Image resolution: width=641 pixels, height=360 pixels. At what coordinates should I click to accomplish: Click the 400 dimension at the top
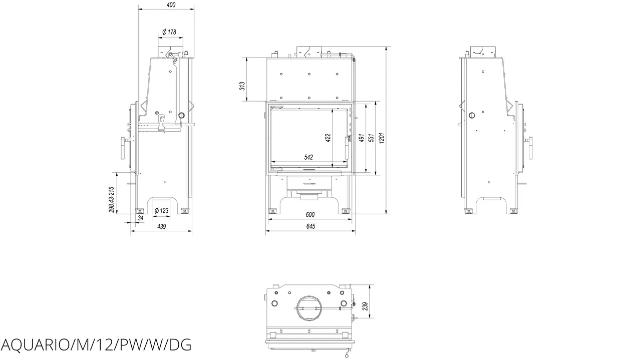(171, 5)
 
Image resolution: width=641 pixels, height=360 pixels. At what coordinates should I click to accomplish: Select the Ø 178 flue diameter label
(169, 32)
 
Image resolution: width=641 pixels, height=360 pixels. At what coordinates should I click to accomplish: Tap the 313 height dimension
(242, 86)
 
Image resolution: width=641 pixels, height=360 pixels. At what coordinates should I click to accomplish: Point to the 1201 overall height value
(382, 138)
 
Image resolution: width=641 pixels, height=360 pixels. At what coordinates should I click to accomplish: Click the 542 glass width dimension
(308, 157)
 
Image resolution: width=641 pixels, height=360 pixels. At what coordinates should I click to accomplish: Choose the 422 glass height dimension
(328, 138)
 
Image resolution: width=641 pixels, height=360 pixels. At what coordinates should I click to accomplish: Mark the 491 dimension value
(361, 138)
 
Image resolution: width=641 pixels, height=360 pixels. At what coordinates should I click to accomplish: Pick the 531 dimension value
(371, 138)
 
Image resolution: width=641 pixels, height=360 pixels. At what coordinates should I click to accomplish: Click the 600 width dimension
(310, 215)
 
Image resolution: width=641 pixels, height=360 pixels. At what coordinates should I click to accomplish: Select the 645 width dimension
(310, 226)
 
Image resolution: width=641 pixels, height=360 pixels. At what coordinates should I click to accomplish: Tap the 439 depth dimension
(161, 226)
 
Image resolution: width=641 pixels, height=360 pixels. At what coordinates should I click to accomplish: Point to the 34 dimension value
(141, 218)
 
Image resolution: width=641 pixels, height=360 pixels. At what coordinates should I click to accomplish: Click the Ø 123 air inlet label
(161, 211)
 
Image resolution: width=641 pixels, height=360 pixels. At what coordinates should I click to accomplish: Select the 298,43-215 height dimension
(111, 200)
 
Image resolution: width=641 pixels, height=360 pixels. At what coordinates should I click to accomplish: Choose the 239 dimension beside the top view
(365, 306)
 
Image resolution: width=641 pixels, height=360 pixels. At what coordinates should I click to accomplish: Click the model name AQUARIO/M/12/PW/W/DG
(96, 345)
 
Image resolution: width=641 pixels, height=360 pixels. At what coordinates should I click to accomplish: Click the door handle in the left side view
(123, 148)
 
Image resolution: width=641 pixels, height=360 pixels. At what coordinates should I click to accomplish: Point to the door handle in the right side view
(530, 148)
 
